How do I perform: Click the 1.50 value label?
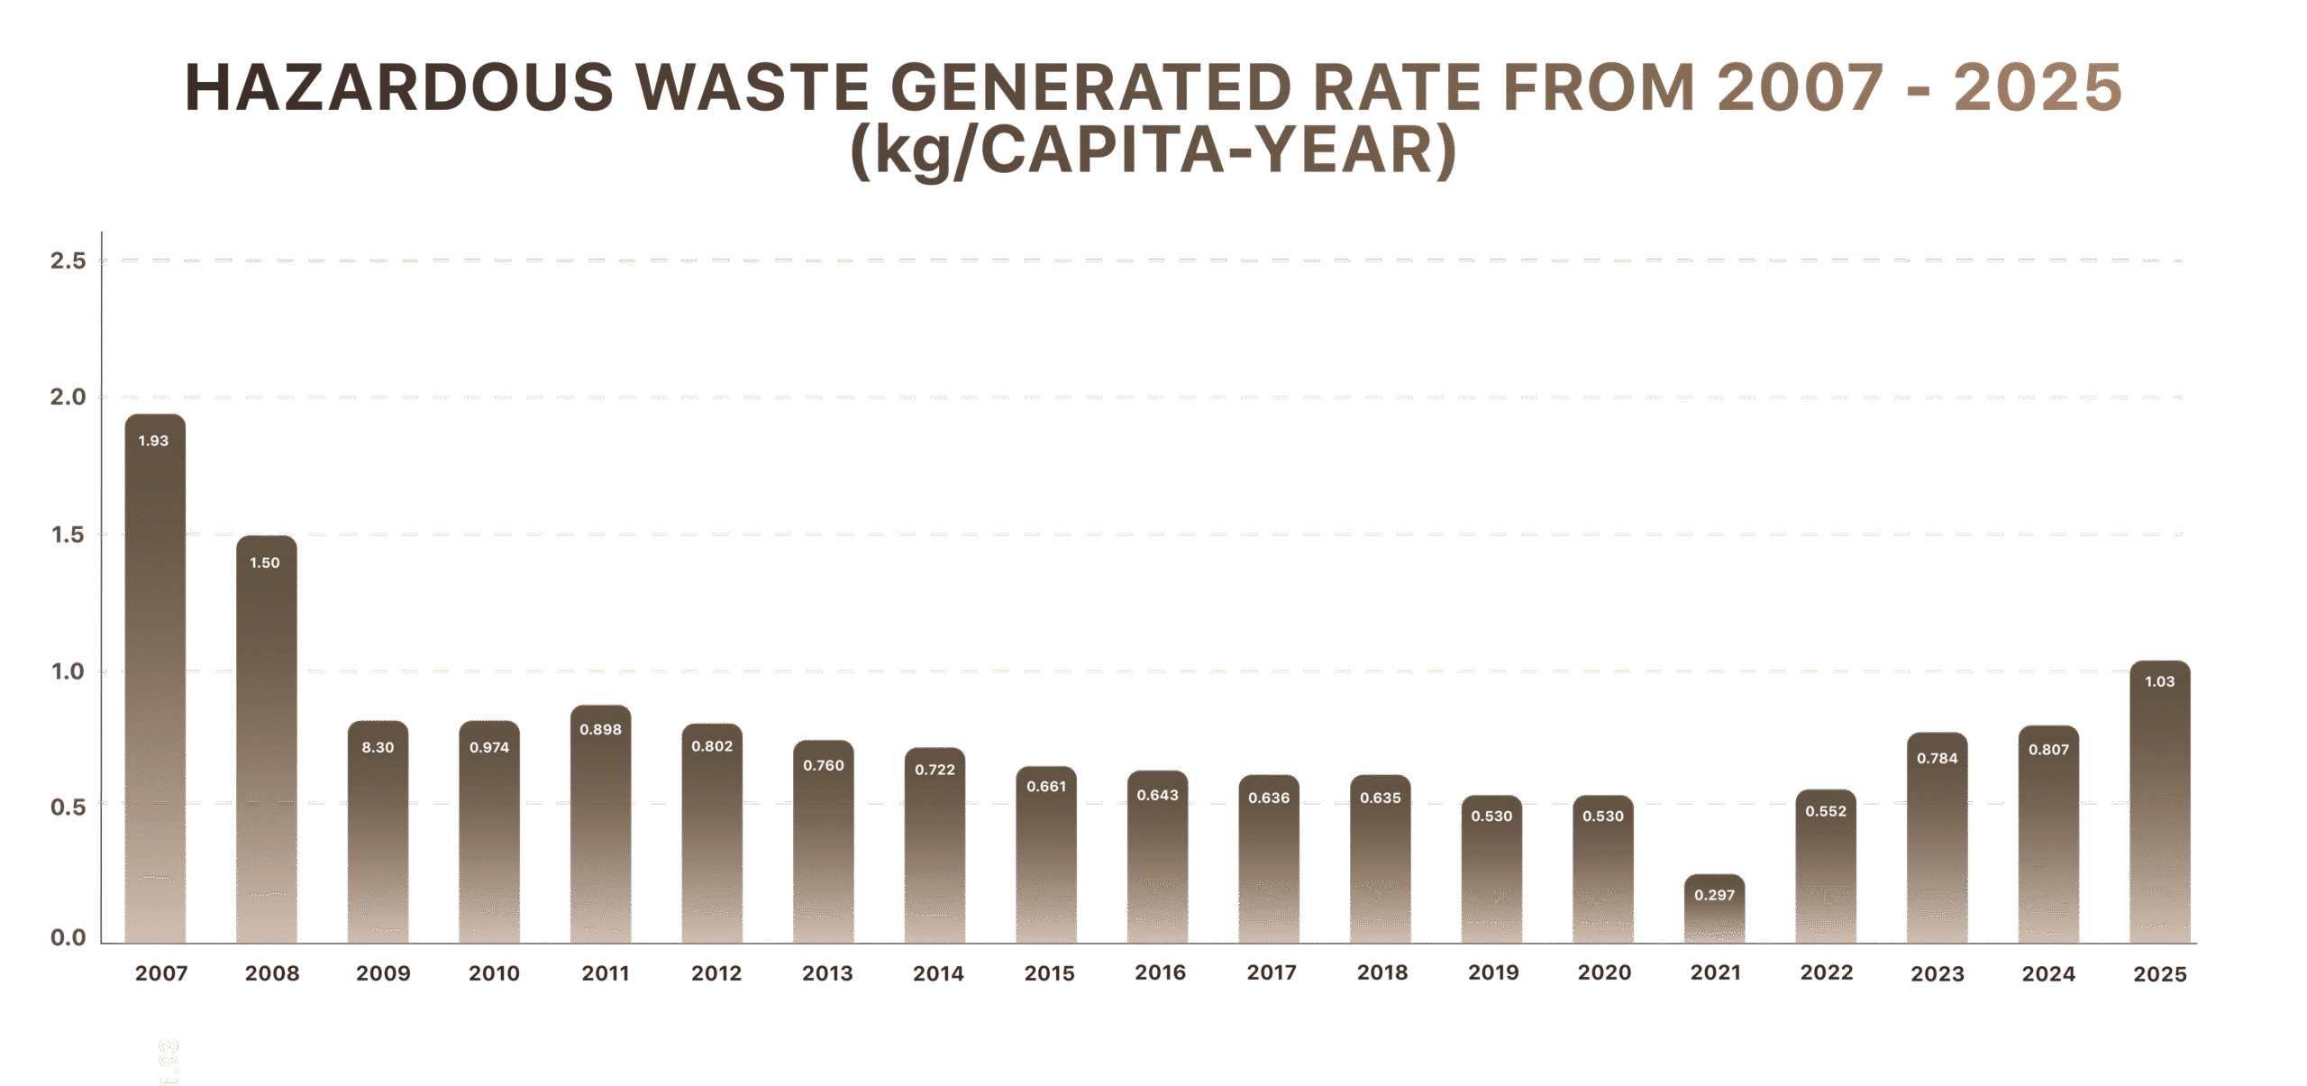click(x=265, y=563)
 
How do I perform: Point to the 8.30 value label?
click(x=378, y=748)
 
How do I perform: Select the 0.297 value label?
click(x=1714, y=896)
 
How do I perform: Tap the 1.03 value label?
click(x=2159, y=682)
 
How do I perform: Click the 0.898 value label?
click(x=600, y=730)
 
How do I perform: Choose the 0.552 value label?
click(x=1826, y=812)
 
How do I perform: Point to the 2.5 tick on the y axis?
click(x=68, y=261)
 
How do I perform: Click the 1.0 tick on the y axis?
click(x=68, y=672)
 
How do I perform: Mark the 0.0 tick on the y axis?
click(x=68, y=939)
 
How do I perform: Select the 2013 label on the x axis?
click(x=827, y=974)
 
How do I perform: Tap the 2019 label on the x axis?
click(x=1493, y=973)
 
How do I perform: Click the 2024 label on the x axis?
click(x=2048, y=974)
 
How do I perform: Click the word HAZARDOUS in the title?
click(x=398, y=88)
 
